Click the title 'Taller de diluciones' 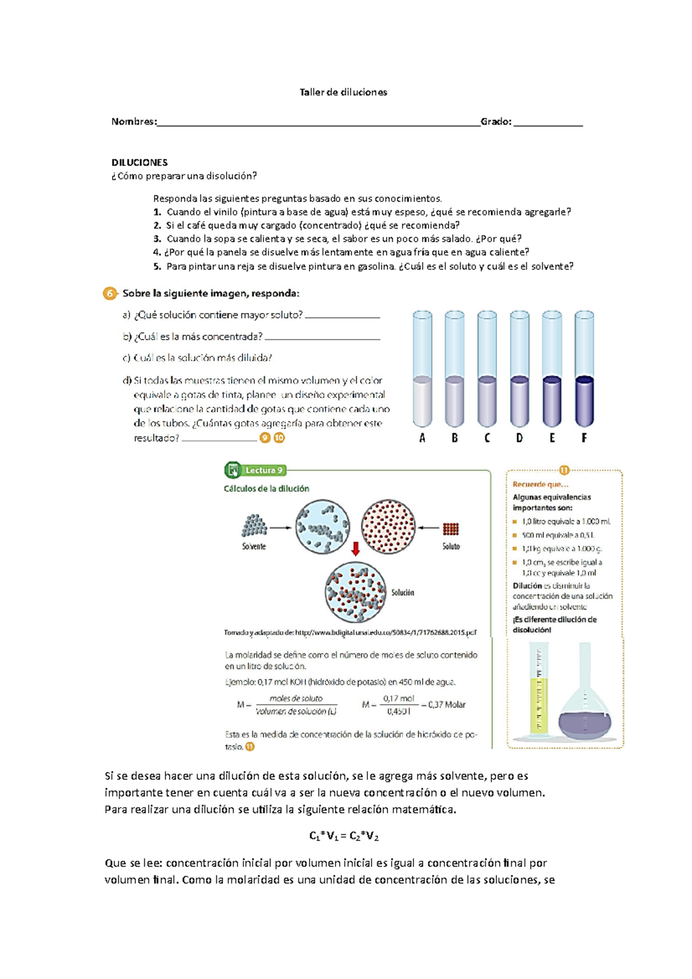point(343,92)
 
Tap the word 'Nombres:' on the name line point(134,122)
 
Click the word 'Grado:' point(496,122)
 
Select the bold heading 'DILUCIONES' point(140,163)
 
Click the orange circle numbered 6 point(110,293)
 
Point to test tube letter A point(422,438)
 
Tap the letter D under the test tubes point(520,438)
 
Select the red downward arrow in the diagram point(356,548)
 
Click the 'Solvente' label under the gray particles point(254,547)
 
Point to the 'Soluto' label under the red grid point(451,547)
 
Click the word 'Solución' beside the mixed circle point(403,593)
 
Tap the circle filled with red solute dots point(388,526)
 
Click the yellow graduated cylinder point(539,692)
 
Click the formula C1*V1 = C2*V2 point(344,836)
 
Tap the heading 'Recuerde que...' point(540,484)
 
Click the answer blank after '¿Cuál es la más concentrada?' point(322,338)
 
